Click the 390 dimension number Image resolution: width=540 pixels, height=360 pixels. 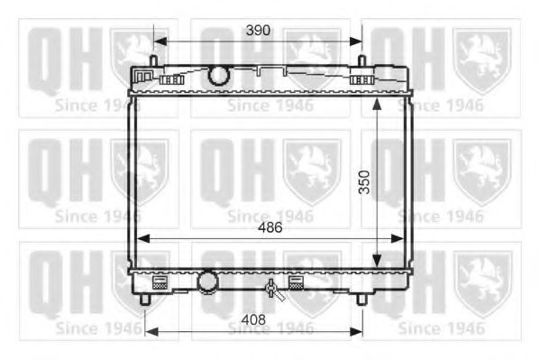click(258, 30)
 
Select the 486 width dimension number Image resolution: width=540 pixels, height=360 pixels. click(269, 228)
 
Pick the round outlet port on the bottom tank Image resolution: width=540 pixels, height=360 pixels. click(209, 282)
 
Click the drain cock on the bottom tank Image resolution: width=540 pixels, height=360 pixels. click(270, 290)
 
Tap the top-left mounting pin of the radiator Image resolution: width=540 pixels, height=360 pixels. click(153, 62)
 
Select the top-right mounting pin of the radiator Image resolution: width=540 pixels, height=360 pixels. click(362, 62)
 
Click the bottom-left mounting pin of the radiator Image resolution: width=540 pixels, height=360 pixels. click(145, 299)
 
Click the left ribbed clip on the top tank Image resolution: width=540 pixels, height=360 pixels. click(170, 79)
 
